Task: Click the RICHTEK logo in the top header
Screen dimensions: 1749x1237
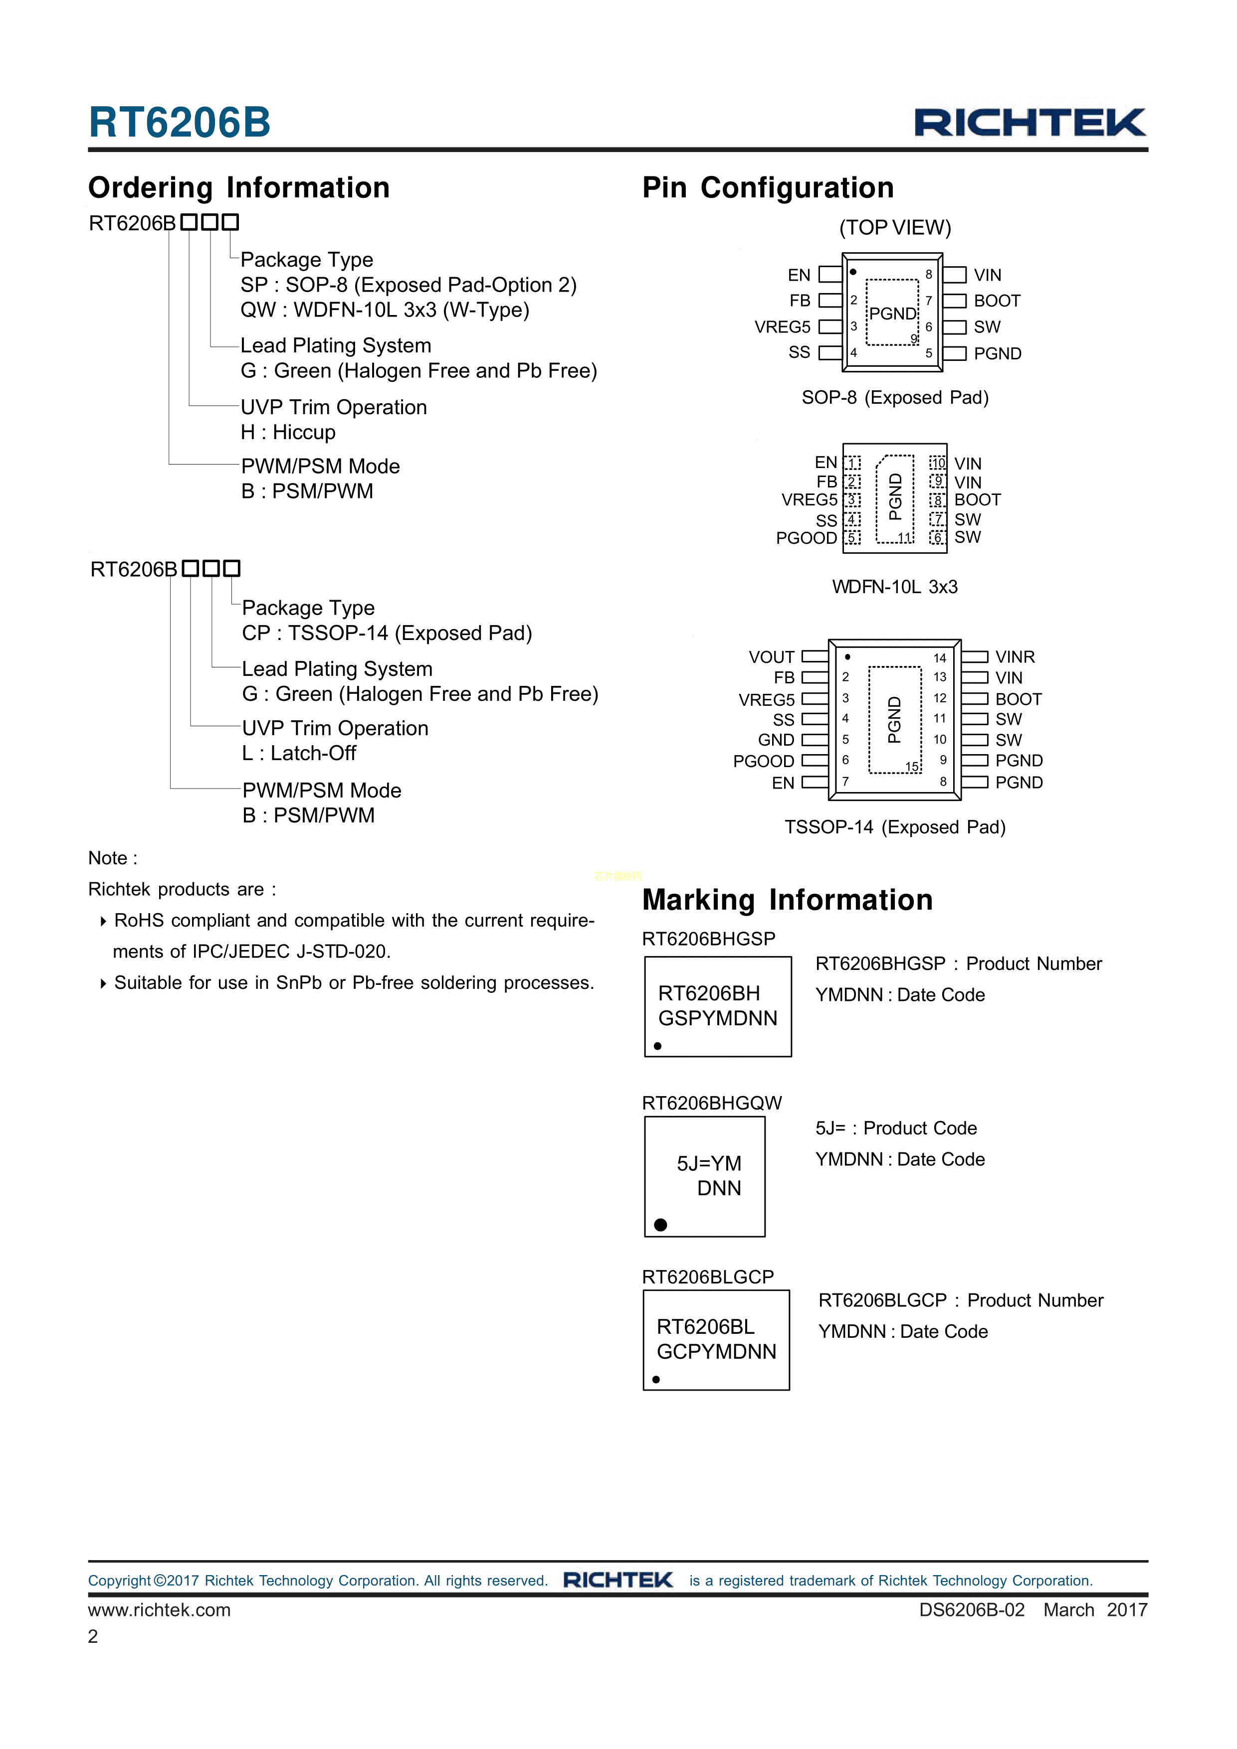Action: tap(1030, 123)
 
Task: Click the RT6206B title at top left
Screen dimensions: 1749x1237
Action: tap(180, 122)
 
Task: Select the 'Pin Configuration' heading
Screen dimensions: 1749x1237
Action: tap(768, 187)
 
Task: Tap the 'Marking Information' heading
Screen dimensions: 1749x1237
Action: tap(787, 900)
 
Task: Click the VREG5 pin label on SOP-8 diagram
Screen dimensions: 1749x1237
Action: tap(782, 327)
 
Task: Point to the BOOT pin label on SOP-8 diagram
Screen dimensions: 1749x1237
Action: tap(996, 301)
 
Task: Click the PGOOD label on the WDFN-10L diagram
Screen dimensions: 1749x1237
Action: tap(806, 538)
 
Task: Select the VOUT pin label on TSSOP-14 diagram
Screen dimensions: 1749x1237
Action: tap(771, 656)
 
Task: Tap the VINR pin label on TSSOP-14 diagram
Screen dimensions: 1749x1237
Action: tap(1015, 656)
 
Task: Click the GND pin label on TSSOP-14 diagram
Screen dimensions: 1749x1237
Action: tap(776, 740)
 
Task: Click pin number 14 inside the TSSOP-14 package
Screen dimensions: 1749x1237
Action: tap(940, 658)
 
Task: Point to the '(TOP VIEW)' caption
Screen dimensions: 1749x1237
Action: tap(895, 228)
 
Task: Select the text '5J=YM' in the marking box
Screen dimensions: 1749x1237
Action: tap(709, 1163)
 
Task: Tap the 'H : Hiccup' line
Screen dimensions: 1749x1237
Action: tap(288, 432)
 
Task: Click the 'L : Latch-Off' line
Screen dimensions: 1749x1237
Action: tap(299, 753)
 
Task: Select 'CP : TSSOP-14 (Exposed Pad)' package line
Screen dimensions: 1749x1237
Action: tap(387, 633)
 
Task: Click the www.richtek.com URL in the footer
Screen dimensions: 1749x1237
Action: tap(159, 1609)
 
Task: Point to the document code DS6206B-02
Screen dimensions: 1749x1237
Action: tap(971, 1609)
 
